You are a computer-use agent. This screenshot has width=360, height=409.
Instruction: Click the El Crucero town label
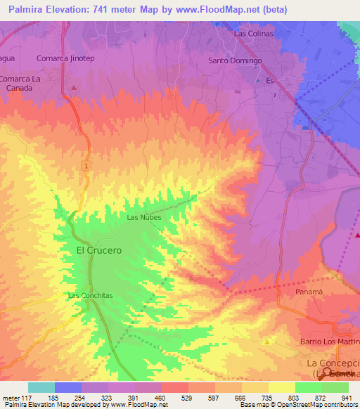tap(98, 249)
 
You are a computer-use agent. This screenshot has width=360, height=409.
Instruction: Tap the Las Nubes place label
tap(143, 217)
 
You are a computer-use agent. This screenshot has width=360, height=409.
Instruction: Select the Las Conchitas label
tap(90, 295)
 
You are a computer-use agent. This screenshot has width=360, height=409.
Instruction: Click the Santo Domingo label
tap(235, 60)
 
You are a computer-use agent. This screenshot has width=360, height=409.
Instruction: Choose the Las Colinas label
tap(253, 33)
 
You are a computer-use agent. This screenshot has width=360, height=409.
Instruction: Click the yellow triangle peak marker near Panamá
tap(267, 341)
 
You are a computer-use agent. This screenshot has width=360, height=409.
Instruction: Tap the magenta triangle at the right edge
tap(357, 234)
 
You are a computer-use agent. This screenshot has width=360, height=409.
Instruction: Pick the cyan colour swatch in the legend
tap(41, 387)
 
